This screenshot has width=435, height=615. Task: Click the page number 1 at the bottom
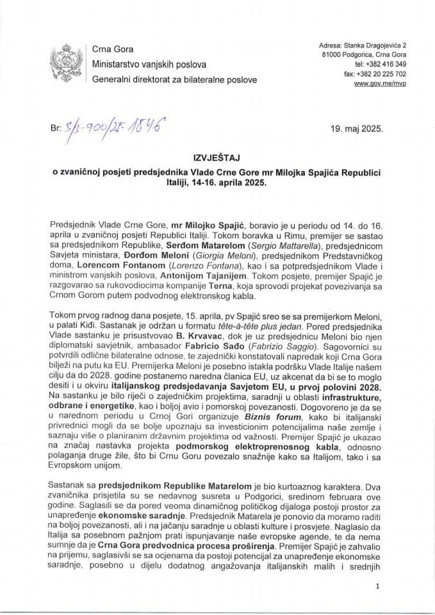(x=379, y=586)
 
